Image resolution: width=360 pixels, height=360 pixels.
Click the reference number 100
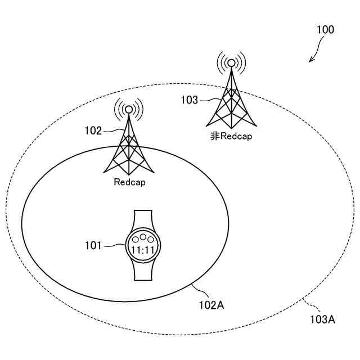[325, 30]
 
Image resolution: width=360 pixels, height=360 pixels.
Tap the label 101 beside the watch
[93, 245]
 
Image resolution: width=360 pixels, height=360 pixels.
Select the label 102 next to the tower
[93, 131]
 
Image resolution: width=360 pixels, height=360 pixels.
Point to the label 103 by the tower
[189, 100]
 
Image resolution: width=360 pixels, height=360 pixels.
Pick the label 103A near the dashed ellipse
[323, 319]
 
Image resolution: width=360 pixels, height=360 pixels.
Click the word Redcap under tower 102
[129, 182]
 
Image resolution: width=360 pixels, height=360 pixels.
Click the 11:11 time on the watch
[143, 249]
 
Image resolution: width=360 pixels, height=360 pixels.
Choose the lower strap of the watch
[143, 272]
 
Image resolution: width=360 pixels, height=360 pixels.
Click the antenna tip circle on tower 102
[129, 109]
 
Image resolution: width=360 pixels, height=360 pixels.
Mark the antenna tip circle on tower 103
[231, 63]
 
